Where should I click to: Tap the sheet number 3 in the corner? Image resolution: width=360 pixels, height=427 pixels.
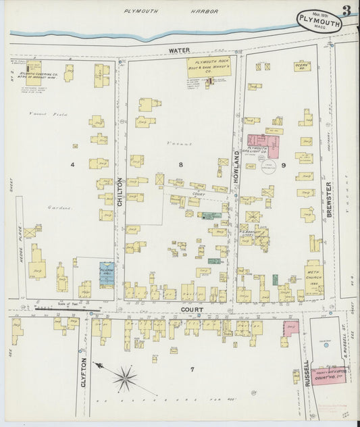click(x=346, y=10)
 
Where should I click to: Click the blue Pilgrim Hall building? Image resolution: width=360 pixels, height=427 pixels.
click(x=107, y=274)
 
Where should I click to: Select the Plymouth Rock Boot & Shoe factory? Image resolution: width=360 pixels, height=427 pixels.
click(x=207, y=67)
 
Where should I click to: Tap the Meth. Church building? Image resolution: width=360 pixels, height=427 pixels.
click(x=313, y=278)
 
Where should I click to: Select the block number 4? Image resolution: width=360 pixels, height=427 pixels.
click(x=72, y=164)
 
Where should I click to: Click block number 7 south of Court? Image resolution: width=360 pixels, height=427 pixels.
click(x=192, y=370)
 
